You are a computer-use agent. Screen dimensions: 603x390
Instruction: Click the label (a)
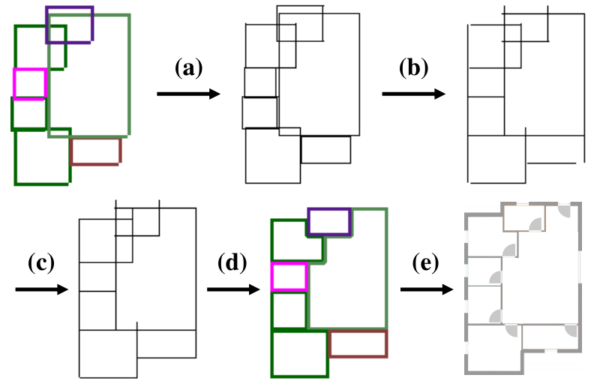(x=188, y=68)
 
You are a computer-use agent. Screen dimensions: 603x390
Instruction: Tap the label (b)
(x=413, y=68)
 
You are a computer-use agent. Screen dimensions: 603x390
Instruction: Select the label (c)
(x=41, y=263)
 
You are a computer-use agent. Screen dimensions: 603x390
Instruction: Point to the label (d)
(x=232, y=263)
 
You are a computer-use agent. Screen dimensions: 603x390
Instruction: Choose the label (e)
(x=425, y=263)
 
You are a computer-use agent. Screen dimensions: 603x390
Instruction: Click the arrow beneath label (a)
(x=188, y=94)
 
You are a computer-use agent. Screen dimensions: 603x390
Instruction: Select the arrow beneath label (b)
(x=414, y=94)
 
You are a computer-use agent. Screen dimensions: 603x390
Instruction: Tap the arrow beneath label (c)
(x=41, y=289)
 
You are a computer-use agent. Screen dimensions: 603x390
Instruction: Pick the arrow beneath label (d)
(x=233, y=289)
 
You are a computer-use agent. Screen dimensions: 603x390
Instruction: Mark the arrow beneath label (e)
(x=427, y=289)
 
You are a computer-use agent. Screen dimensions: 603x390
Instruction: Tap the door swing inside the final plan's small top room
(x=536, y=224)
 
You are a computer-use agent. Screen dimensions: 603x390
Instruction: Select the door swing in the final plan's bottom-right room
(x=571, y=330)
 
